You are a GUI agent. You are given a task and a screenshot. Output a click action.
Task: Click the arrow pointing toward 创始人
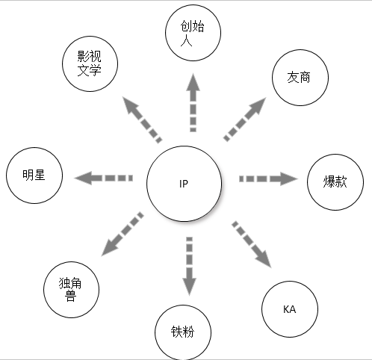pos(193,102)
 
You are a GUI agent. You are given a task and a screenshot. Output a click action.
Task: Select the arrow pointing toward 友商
pos(245,120)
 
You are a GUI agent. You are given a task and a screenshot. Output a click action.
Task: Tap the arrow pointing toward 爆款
pos(268,179)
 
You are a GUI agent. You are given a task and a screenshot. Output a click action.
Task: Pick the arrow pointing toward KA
pos(252,244)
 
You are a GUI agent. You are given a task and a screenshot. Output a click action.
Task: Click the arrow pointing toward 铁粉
pos(190,267)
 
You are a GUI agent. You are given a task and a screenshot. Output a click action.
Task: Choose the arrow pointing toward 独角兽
pos(123,234)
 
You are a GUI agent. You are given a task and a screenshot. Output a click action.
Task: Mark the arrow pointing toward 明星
pos(103,178)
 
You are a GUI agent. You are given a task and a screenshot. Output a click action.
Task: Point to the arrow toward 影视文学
pos(143,120)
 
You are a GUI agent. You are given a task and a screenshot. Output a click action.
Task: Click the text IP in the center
pos(184,184)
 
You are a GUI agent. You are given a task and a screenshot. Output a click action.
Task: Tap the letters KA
pos(290,309)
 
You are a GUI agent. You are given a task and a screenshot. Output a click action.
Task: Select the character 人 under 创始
pos(186,41)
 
